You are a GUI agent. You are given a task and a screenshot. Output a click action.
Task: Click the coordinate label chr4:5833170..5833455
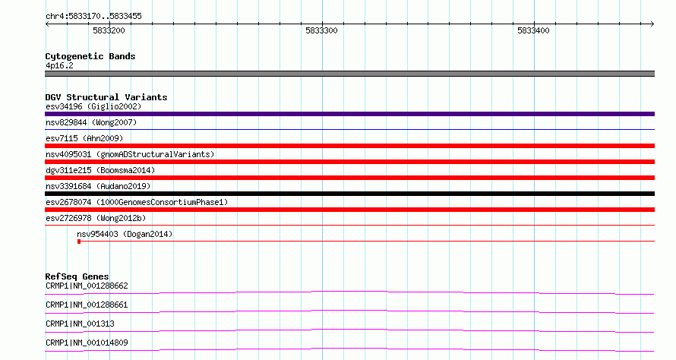point(93,17)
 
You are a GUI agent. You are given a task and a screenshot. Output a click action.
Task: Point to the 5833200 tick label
point(109,30)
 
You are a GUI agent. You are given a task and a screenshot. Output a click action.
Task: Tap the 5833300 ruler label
point(321,30)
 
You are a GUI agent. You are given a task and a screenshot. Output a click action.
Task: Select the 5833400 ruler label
point(534,30)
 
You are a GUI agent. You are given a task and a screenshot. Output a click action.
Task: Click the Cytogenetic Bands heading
point(90,56)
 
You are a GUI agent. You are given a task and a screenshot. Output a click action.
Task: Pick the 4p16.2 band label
point(59,65)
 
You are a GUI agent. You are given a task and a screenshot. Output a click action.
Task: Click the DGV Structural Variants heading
point(106,97)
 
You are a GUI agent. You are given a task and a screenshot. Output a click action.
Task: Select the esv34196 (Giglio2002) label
point(93,106)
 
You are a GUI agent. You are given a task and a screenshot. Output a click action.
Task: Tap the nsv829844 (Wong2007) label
point(91,122)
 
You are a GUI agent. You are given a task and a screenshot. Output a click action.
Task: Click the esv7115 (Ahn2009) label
point(84,138)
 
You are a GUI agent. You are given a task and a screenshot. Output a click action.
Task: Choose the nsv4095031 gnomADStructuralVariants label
point(130,154)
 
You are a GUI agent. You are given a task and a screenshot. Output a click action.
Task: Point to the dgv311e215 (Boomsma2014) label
point(100,170)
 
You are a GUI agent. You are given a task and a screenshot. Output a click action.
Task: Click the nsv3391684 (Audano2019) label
point(98,186)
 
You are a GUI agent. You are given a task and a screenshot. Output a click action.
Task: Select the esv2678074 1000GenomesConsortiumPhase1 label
point(137,202)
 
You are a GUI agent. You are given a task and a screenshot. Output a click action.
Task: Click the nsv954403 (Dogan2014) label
point(125,234)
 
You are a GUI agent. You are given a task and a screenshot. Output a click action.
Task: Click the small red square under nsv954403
point(79,242)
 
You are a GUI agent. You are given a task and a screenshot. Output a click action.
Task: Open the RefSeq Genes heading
point(77,276)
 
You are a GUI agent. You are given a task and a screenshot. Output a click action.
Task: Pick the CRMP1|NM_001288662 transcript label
point(87,286)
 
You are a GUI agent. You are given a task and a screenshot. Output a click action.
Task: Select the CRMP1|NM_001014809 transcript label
point(87,343)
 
